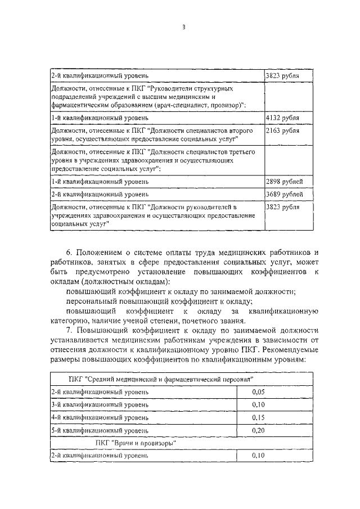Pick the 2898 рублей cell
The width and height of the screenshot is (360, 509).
click(x=283, y=181)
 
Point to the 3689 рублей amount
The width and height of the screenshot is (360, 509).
click(x=283, y=194)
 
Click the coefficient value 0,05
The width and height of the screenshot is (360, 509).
click(x=258, y=391)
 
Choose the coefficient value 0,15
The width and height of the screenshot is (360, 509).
click(x=258, y=417)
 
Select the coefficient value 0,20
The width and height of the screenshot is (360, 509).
click(x=258, y=431)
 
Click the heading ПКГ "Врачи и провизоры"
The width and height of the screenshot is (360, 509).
click(x=137, y=443)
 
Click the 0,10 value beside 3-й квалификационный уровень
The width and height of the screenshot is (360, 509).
click(x=258, y=404)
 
